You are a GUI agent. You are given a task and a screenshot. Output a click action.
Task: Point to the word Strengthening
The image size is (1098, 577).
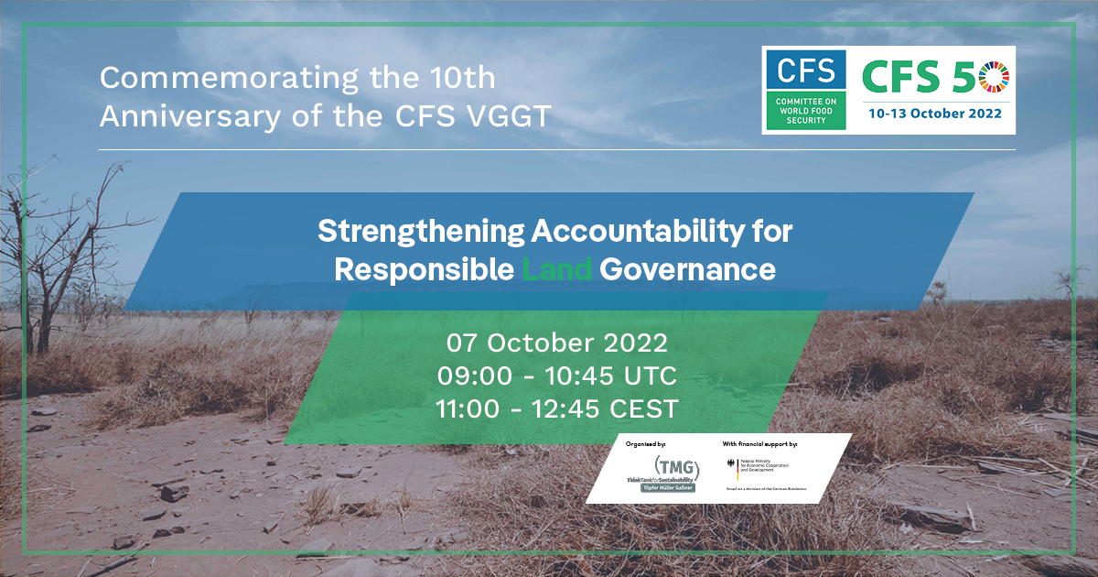click(x=419, y=233)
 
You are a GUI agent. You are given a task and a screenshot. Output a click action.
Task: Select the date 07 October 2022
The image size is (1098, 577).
click(x=557, y=343)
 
